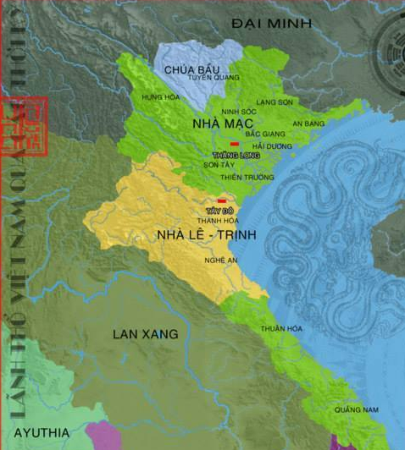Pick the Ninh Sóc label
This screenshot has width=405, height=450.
[x=237, y=112]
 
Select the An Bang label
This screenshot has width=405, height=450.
[x=308, y=123]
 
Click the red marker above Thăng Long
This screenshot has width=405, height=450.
[x=234, y=144]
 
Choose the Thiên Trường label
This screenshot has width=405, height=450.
[x=238, y=177]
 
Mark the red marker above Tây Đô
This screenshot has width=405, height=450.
[x=221, y=200]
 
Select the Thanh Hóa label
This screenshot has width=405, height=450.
[x=218, y=220]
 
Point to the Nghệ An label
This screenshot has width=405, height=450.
[x=218, y=261]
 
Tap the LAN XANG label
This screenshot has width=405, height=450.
[x=146, y=334]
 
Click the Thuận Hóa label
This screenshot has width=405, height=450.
[x=276, y=327]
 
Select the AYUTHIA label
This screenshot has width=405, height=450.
[x=40, y=431]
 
